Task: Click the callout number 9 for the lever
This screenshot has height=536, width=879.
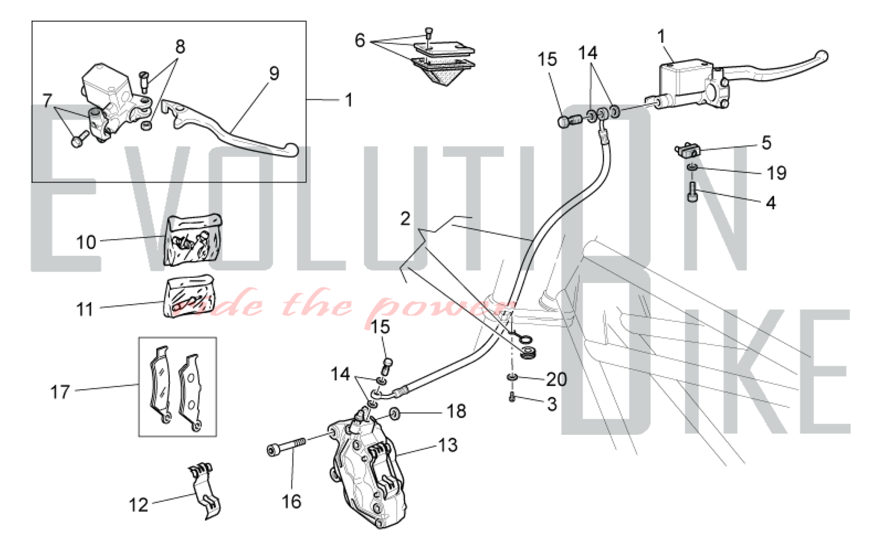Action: click(274, 73)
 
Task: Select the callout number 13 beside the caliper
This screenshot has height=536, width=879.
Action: click(448, 445)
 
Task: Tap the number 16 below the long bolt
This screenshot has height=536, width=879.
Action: click(291, 501)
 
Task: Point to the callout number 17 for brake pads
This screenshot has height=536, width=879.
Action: click(60, 392)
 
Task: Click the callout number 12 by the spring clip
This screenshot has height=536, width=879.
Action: click(138, 505)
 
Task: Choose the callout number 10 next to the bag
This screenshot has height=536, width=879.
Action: click(86, 242)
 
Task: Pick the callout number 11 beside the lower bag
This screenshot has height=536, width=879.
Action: click(85, 309)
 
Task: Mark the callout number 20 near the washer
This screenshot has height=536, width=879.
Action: click(556, 379)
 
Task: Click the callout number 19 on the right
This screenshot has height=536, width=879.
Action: click(776, 173)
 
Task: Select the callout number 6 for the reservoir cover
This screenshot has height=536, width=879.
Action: click(360, 40)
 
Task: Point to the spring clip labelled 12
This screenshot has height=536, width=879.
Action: click(205, 491)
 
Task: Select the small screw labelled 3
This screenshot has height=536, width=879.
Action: click(512, 397)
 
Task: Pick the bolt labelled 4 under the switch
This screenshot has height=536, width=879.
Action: click(692, 192)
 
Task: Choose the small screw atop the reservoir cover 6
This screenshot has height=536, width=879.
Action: click(429, 34)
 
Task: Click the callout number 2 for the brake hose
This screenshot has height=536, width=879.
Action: click(405, 219)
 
